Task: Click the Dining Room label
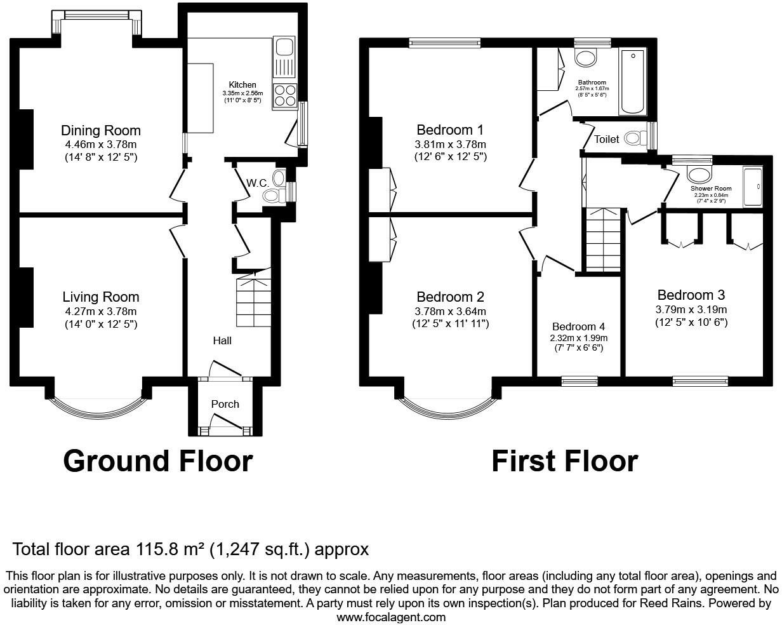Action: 100,131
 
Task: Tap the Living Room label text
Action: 100,297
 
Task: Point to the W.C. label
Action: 256,183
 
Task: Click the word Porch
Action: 225,404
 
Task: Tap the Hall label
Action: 222,340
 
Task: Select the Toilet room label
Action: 606,139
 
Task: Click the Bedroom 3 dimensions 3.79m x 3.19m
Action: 691,310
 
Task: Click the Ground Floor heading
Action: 157,460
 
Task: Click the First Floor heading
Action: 564,460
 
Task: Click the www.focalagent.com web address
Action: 390,617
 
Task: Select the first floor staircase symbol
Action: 602,240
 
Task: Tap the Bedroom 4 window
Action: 579,381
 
